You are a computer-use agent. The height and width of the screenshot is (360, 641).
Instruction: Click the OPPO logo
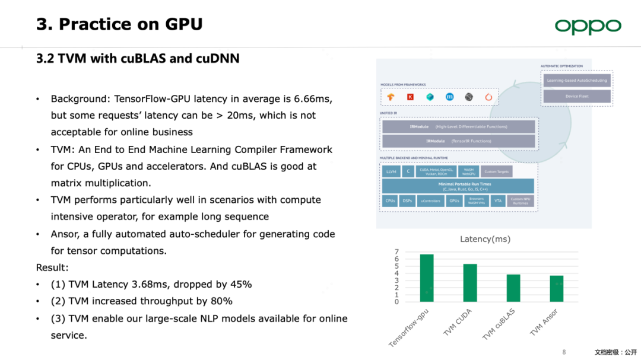[x=588, y=27]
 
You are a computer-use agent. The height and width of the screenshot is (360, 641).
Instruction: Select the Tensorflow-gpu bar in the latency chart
[x=427, y=278]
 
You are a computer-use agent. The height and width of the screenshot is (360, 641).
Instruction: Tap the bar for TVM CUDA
[x=470, y=282]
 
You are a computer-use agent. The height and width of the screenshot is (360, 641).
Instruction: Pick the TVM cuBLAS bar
[x=513, y=288]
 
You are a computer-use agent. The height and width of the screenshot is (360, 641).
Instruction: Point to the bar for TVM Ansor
[x=557, y=288]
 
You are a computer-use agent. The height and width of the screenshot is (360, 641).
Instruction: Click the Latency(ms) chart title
[x=485, y=239]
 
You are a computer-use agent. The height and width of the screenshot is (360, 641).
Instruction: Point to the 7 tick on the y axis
[x=396, y=252]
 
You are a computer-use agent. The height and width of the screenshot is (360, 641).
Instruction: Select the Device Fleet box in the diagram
[x=577, y=96]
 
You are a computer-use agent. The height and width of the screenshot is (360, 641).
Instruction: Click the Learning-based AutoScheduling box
[x=577, y=80]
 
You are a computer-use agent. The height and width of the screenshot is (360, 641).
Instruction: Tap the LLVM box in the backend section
[x=391, y=171]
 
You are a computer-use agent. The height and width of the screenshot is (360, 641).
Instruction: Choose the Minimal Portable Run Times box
[x=458, y=186]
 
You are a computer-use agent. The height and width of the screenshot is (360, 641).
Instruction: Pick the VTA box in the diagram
[x=498, y=201]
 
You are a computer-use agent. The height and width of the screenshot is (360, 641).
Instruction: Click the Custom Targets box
[x=497, y=171]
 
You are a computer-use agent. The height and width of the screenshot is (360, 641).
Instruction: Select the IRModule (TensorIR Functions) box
[x=458, y=141]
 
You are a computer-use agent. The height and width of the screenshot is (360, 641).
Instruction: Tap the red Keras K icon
[x=410, y=97]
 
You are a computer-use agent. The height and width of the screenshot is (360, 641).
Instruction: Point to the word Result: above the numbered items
[x=52, y=267]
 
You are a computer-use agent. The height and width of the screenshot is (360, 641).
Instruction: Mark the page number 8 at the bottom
[x=564, y=352]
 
